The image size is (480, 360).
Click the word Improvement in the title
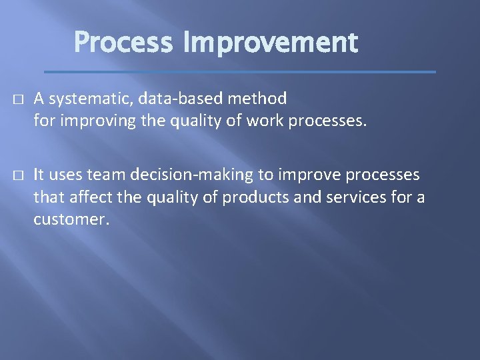click(270, 43)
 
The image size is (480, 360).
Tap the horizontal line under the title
click(239, 71)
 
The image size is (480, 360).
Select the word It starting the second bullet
click(39, 175)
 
